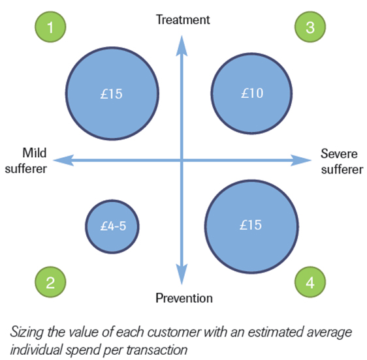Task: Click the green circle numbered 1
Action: (x=50, y=27)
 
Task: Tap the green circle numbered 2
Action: (x=50, y=282)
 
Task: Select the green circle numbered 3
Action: (x=310, y=27)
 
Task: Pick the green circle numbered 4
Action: (x=310, y=282)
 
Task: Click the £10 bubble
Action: (x=251, y=93)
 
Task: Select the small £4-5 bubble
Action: (x=112, y=226)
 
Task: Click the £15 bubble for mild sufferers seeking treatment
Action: (x=112, y=93)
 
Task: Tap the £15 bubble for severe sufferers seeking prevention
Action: (x=251, y=226)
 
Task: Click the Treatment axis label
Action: (x=183, y=20)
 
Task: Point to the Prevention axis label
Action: (x=184, y=298)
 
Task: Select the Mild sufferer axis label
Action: (x=26, y=161)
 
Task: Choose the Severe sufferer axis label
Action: (x=342, y=161)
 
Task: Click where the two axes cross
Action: (x=182, y=160)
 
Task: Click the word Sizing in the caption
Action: (x=27, y=332)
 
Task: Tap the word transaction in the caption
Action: (x=157, y=350)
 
